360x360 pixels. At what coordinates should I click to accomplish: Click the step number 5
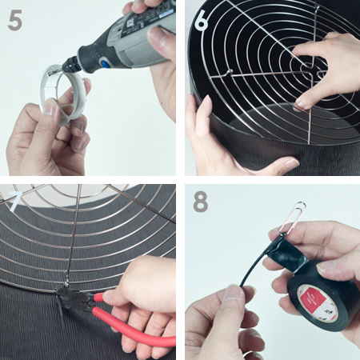point(15,20)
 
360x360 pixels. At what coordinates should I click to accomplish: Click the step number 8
point(200,202)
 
